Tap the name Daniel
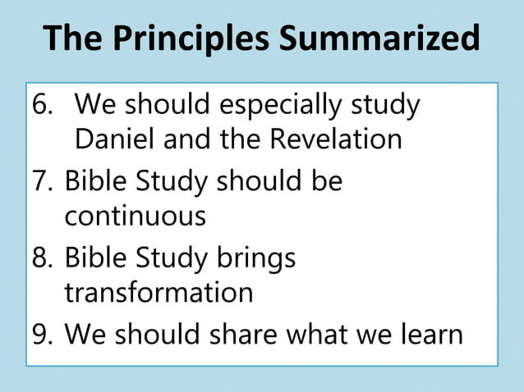115,139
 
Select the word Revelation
335,139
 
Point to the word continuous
135,217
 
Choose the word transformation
159,292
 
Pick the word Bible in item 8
94,258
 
